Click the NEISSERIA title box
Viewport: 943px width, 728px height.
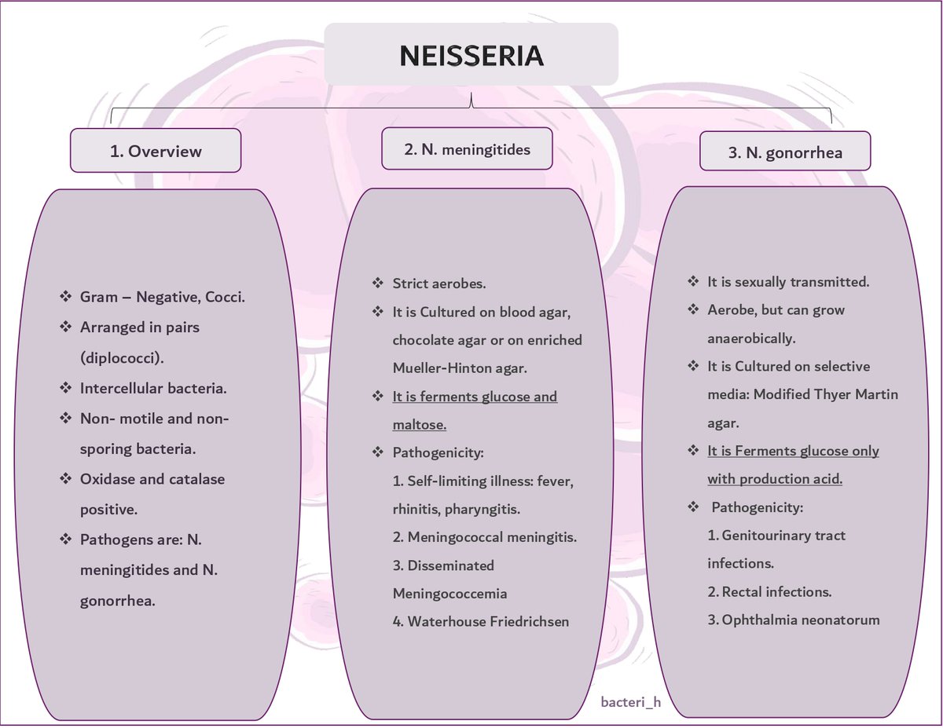471,54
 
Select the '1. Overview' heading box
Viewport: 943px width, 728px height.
156,151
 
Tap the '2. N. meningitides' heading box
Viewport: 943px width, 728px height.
467,149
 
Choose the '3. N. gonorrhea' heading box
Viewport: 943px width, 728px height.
785,152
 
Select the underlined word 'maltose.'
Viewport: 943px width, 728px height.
420,424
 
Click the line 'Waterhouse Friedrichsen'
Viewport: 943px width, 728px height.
481,621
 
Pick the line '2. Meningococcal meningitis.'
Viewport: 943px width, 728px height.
485,537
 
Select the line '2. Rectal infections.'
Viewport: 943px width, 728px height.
769,591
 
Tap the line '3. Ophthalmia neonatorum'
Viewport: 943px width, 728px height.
794,620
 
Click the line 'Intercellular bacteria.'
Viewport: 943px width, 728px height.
153,389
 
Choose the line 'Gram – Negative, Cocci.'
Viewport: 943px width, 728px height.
163,297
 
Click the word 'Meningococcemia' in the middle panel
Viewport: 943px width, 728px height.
449,593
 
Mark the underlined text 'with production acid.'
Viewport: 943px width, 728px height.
774,479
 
